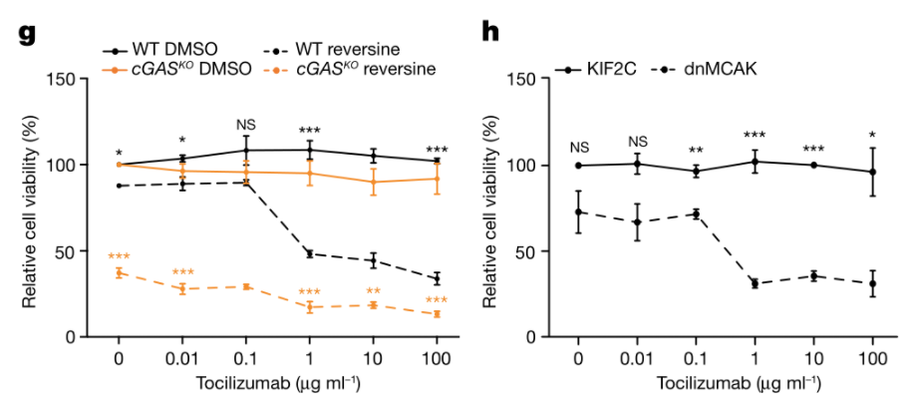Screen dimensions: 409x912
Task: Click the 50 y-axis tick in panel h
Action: coord(534,251)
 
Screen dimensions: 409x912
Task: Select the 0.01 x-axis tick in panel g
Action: coord(181,356)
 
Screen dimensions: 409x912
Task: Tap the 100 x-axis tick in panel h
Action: coord(873,356)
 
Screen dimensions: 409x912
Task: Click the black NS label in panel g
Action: coord(245,125)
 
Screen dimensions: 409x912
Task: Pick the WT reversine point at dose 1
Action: coord(309,253)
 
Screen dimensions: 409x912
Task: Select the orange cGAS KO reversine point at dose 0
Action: coord(119,272)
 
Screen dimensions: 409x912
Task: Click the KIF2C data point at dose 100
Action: coord(873,172)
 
